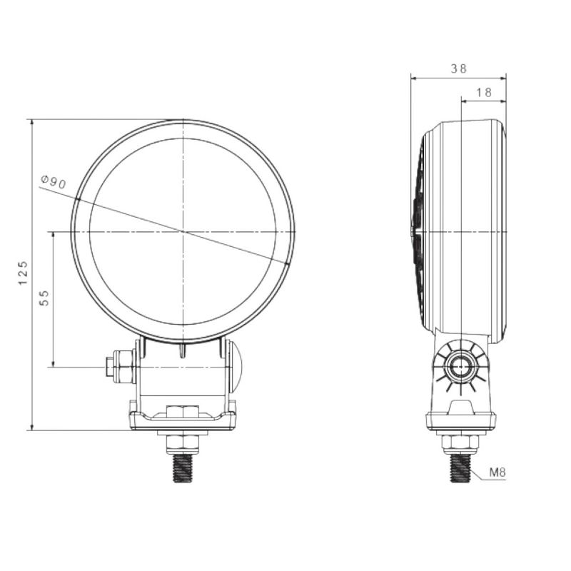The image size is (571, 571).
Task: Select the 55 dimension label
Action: (x=44, y=298)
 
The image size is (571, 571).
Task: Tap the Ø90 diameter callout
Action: (x=54, y=182)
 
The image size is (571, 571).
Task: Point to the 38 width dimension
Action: (x=458, y=69)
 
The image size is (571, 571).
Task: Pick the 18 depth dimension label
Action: (x=484, y=93)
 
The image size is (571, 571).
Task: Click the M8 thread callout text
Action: (x=497, y=473)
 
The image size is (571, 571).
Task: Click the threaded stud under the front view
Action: (x=183, y=468)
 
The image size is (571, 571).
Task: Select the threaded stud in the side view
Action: (x=460, y=468)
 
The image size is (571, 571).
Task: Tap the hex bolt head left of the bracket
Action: (x=120, y=366)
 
